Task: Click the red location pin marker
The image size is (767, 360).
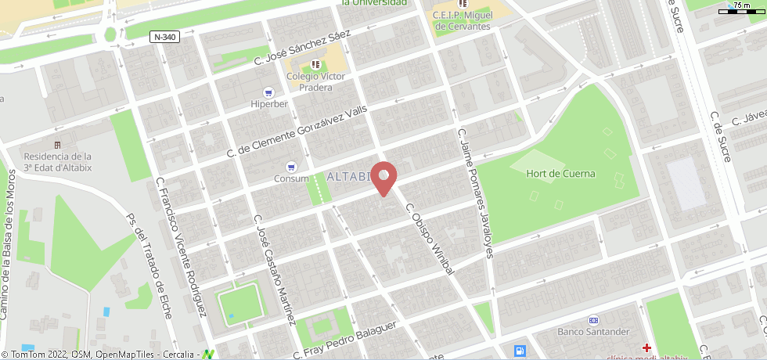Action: click(383, 178)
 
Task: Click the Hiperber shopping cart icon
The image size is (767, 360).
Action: click(268, 92)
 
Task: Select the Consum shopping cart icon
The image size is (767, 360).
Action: click(291, 166)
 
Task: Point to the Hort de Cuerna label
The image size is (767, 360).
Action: click(560, 174)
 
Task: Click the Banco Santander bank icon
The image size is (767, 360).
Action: click(593, 319)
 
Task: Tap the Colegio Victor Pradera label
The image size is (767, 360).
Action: click(315, 81)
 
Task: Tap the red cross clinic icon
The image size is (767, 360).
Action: click(646, 347)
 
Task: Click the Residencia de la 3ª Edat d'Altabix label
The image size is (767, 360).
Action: click(57, 161)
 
